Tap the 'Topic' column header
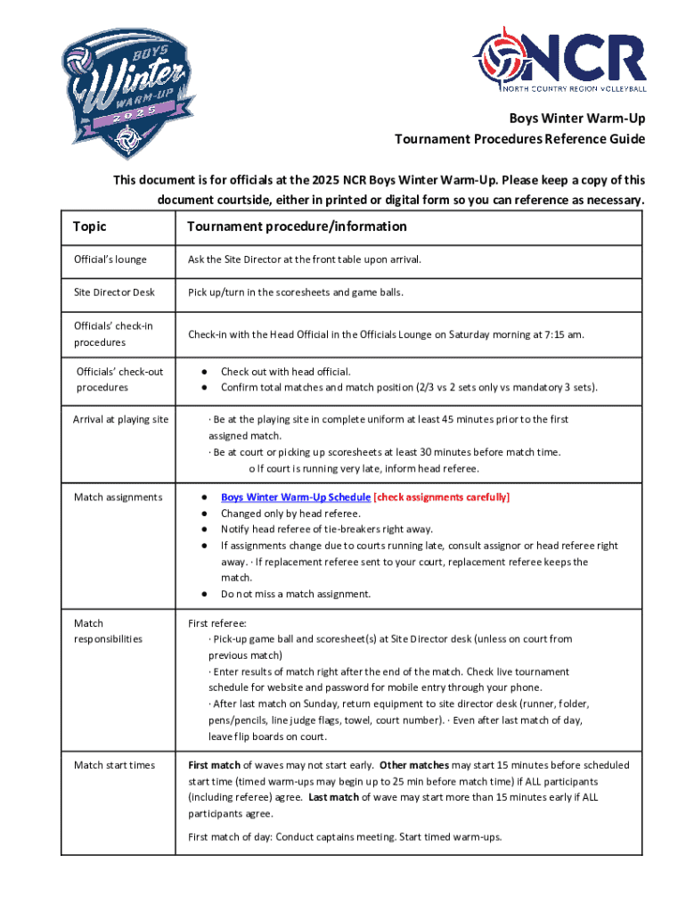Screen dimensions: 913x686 tap(89, 226)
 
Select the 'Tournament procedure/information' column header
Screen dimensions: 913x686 tap(297, 226)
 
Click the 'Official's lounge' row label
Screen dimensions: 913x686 tap(110, 259)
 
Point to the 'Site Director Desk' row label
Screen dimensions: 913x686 tap(114, 292)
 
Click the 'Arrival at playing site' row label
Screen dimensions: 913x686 tap(120, 419)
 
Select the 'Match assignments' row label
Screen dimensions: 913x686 tap(118, 497)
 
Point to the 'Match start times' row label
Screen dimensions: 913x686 tap(114, 765)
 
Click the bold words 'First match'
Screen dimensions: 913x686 tap(214, 765)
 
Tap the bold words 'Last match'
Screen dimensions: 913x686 tap(334, 797)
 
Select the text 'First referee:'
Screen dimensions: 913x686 tap(217, 623)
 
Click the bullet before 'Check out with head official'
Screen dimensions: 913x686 tap(206, 371)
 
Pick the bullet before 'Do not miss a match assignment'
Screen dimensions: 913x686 tap(206, 594)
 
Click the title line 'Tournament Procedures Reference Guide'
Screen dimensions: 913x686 tap(520, 139)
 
